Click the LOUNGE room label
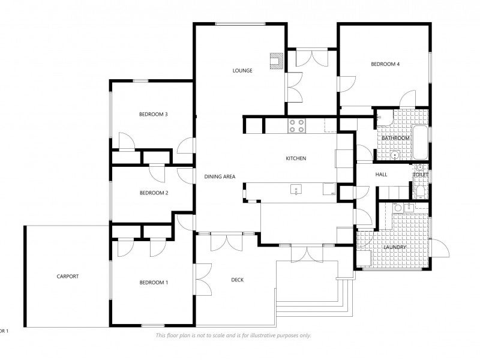pos(242,71)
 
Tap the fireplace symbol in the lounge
pos(277,61)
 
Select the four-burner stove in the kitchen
pos(297,125)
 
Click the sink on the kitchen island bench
pos(297,190)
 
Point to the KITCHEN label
pos(296,158)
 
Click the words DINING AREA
pos(220,176)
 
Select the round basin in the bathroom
pos(395,155)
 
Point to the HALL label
pos(381,175)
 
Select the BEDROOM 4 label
pos(385,64)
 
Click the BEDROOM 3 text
pos(153,114)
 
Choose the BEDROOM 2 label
pos(154,193)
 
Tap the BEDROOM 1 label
pos(154,283)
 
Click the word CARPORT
pos(68,277)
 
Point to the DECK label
pos(238,280)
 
